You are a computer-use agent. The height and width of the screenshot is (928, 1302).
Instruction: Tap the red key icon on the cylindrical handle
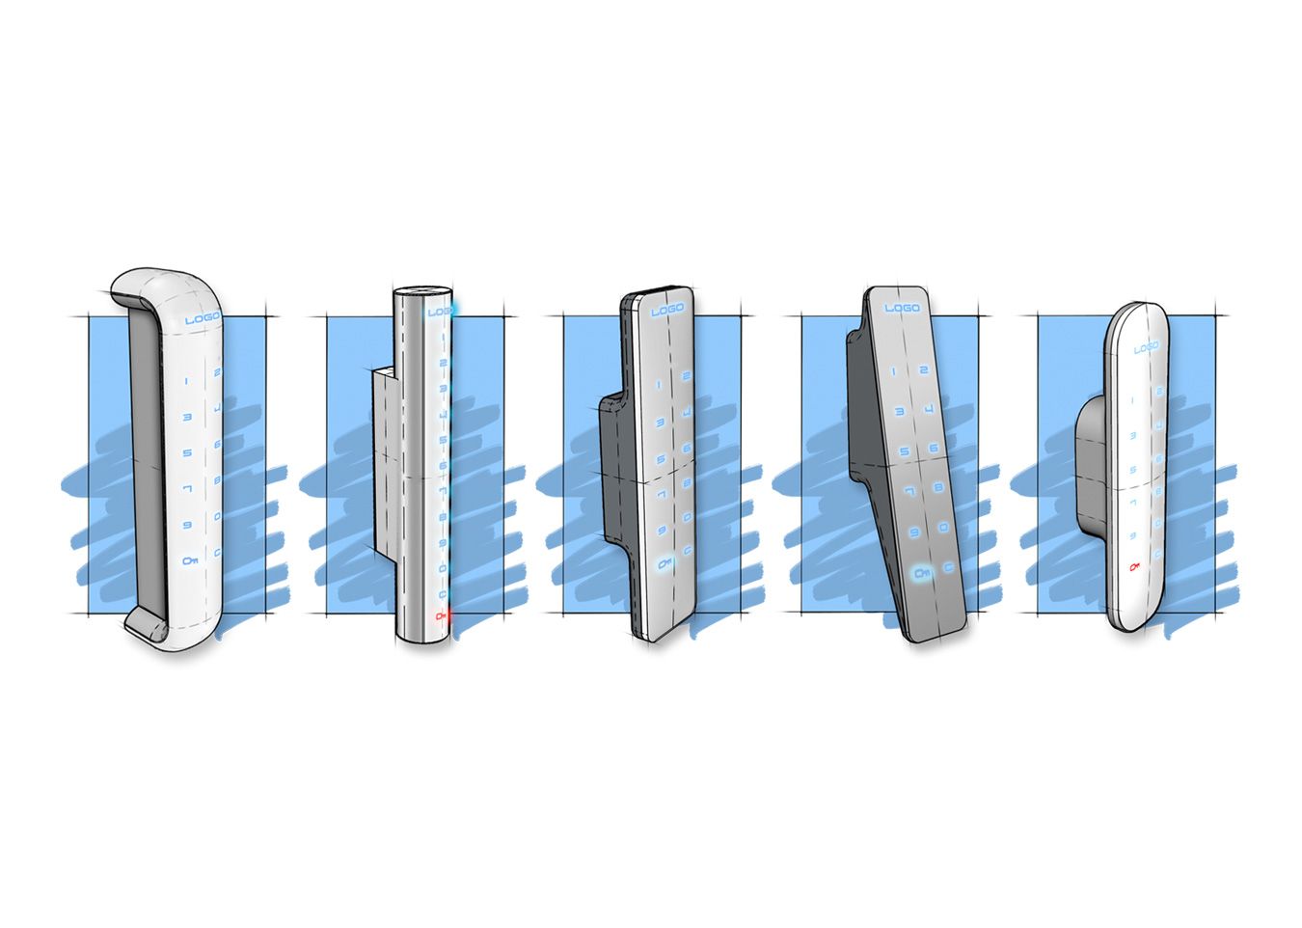pos(442,615)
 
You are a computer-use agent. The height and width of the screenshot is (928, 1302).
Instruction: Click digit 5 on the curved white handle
pos(187,452)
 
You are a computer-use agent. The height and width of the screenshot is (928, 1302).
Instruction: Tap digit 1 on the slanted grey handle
pos(894,371)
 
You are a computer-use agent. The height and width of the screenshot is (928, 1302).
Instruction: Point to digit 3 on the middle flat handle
pos(660,423)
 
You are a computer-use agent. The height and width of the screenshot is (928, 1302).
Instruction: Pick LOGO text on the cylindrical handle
pos(440,312)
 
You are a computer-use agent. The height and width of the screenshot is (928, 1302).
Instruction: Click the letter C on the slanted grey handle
pos(950,569)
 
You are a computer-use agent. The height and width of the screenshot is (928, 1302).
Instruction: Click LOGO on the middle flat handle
pos(666,310)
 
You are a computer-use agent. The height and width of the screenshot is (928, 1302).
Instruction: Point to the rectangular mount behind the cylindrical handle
pos(382,463)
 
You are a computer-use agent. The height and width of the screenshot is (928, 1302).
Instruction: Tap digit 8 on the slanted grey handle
pos(938,490)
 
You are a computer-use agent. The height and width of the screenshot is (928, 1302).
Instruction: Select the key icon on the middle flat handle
pos(662,563)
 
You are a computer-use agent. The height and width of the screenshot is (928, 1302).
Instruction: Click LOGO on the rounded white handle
pos(1146,347)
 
